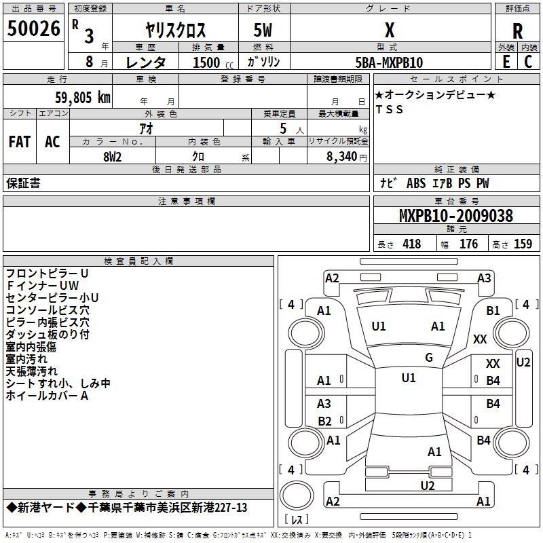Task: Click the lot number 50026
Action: pos(33,29)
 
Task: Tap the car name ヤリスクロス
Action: pos(176,30)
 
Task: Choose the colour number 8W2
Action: pos(112,156)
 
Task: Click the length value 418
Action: pos(411,244)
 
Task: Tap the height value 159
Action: pos(523,244)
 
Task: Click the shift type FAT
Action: pos(20,142)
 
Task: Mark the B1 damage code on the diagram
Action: pos(493,310)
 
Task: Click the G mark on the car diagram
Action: pos(429,358)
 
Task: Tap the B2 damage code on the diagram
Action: pos(325,421)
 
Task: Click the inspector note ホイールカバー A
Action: pos(47,396)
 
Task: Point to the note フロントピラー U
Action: pos(47,273)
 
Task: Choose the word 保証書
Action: pos(23,183)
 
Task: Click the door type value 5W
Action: pos(265,30)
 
